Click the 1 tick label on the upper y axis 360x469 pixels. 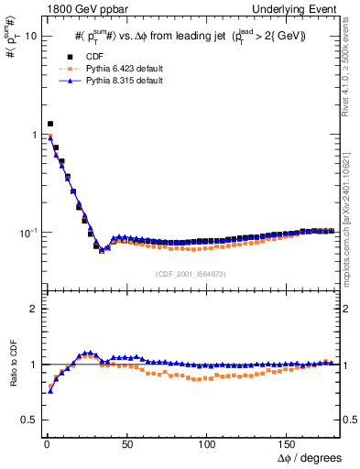(34, 135)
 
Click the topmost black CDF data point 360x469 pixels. (49, 124)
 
